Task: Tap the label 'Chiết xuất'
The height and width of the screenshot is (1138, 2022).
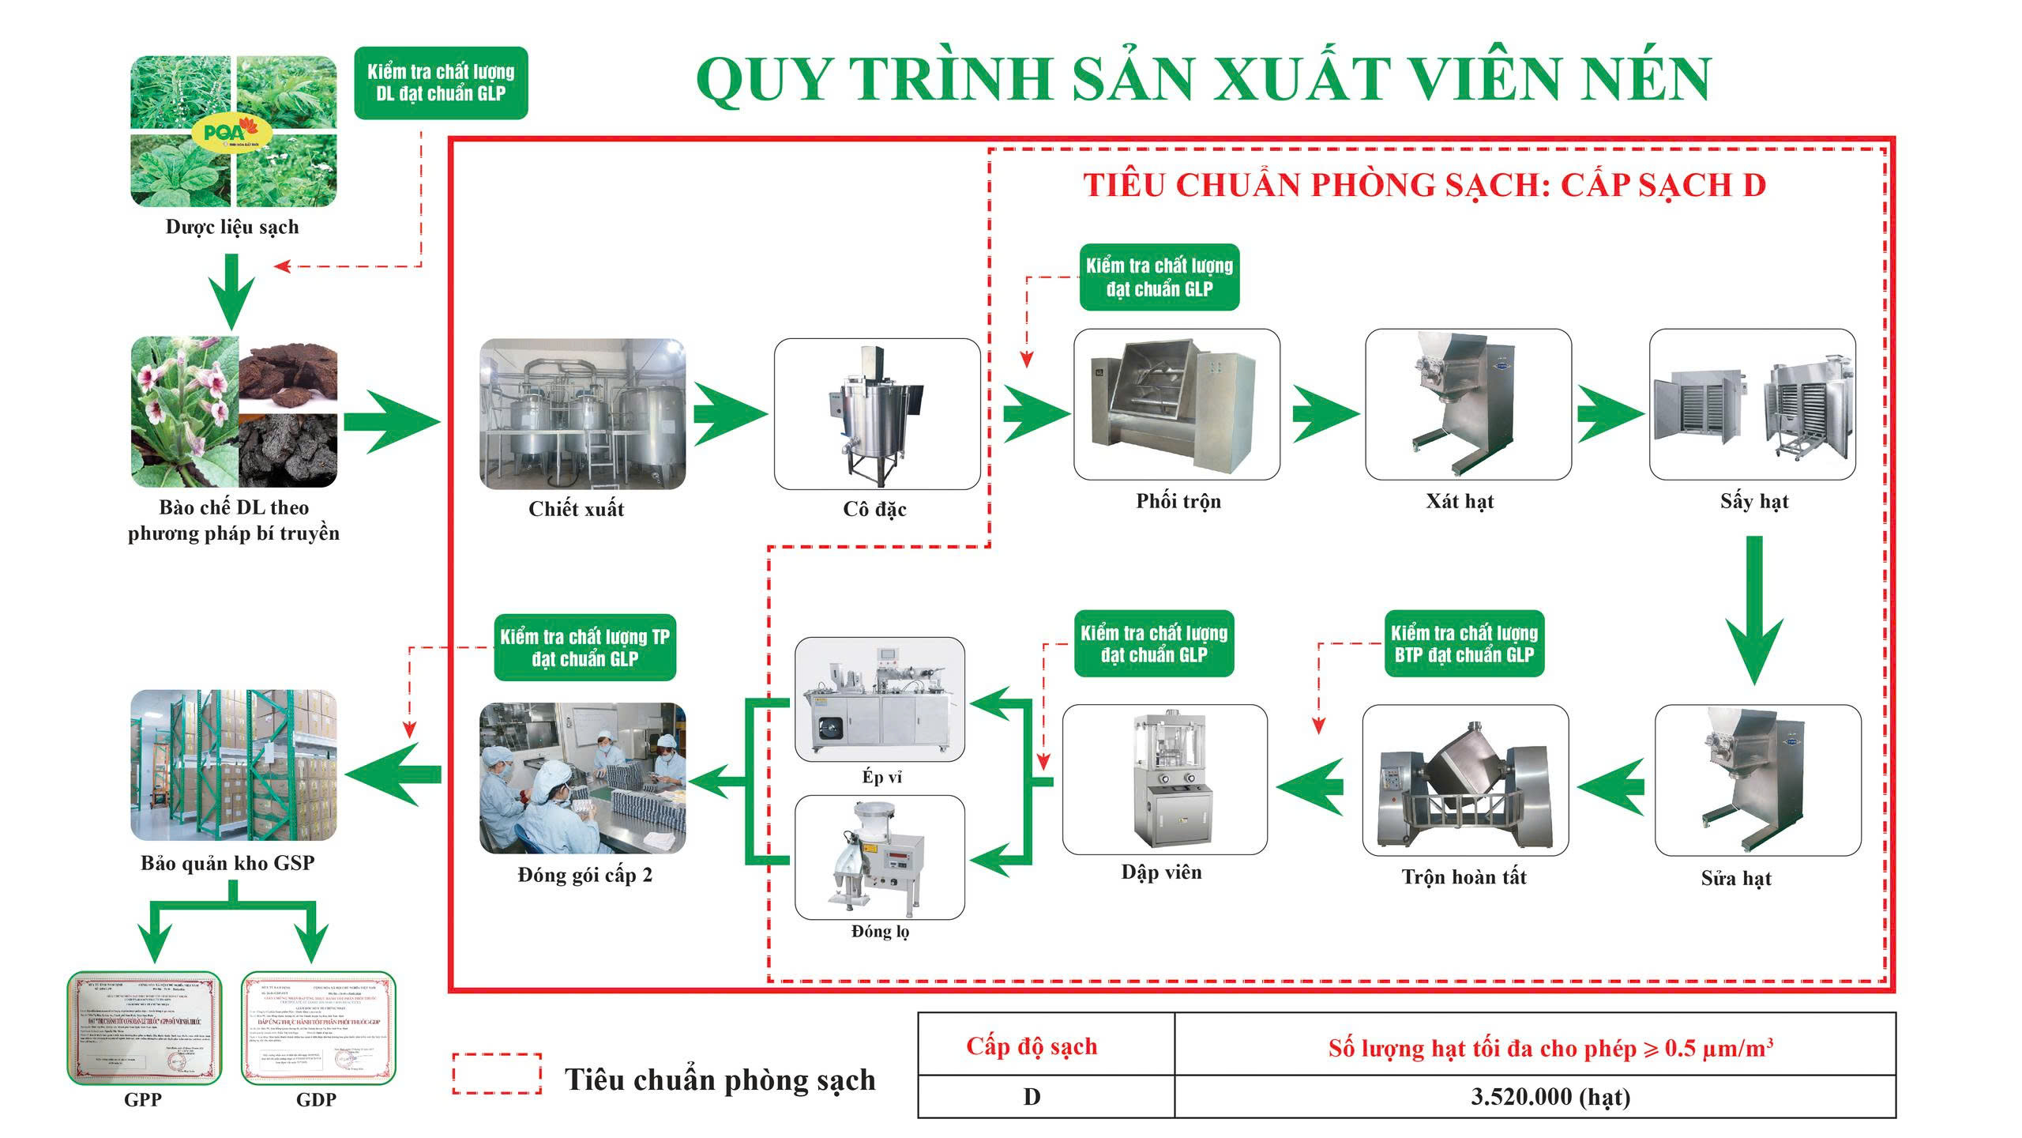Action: [576, 509]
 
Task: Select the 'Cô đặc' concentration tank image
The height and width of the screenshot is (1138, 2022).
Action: [877, 414]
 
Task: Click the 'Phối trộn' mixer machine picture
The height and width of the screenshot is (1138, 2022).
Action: [1176, 405]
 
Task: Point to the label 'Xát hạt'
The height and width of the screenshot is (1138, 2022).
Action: [1460, 501]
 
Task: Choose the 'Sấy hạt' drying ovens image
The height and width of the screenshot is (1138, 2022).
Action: [1752, 405]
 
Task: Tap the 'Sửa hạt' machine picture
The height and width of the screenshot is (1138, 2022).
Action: [1757, 780]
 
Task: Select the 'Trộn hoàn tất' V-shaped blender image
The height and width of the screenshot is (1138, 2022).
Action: [1465, 780]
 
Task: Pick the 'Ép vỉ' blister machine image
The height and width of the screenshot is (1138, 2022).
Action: [879, 699]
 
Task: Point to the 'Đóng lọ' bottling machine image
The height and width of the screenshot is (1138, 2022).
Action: [879, 857]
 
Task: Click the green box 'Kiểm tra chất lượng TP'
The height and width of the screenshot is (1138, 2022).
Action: [584, 647]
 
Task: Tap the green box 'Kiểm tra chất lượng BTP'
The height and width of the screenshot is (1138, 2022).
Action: [1464, 643]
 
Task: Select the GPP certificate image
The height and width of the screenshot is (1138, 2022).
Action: [145, 1028]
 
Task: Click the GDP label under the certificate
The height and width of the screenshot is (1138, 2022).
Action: [316, 1099]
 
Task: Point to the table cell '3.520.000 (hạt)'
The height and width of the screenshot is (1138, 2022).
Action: [1550, 1097]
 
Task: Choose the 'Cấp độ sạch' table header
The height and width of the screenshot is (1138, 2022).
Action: [1032, 1046]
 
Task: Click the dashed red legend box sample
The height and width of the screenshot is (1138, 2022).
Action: [497, 1074]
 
